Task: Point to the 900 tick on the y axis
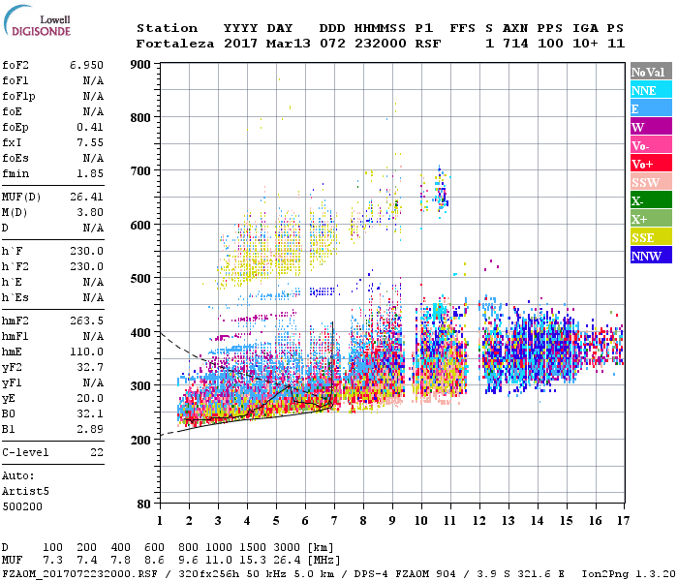pos(141,64)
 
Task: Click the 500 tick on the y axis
pos(141,279)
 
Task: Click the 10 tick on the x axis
pos(420,520)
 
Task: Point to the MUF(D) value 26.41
pos(86,198)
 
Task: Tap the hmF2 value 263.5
pos(86,319)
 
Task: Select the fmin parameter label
pos(15,172)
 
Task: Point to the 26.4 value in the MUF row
pos(292,561)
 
